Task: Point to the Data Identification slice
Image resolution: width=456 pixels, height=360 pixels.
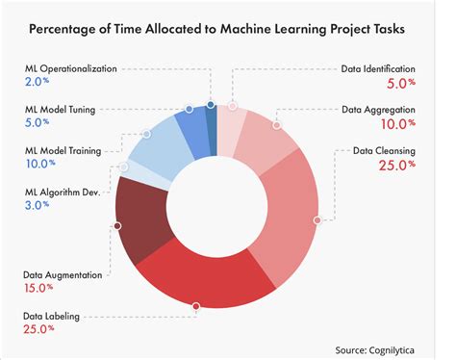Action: (x=231, y=120)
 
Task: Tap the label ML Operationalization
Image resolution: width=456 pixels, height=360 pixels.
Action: (x=85, y=69)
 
